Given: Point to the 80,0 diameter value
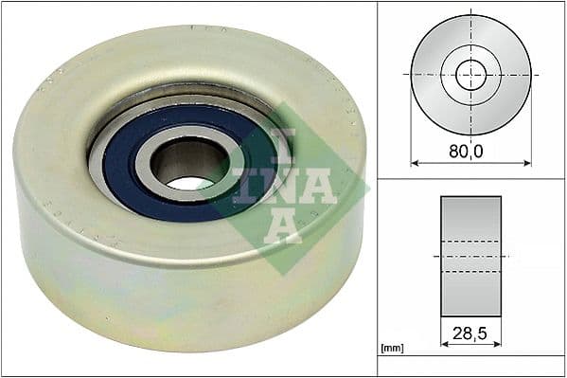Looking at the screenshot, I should (470, 148).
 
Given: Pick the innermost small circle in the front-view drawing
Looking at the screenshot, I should (470, 73).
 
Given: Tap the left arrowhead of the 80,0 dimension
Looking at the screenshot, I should (416, 163).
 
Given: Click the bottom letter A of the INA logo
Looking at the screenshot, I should (282, 226).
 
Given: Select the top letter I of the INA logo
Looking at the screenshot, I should (283, 142).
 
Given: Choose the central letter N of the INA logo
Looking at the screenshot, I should (283, 184).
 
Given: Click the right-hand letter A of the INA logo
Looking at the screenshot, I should (320, 185).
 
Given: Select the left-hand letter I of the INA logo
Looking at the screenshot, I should (243, 185).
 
